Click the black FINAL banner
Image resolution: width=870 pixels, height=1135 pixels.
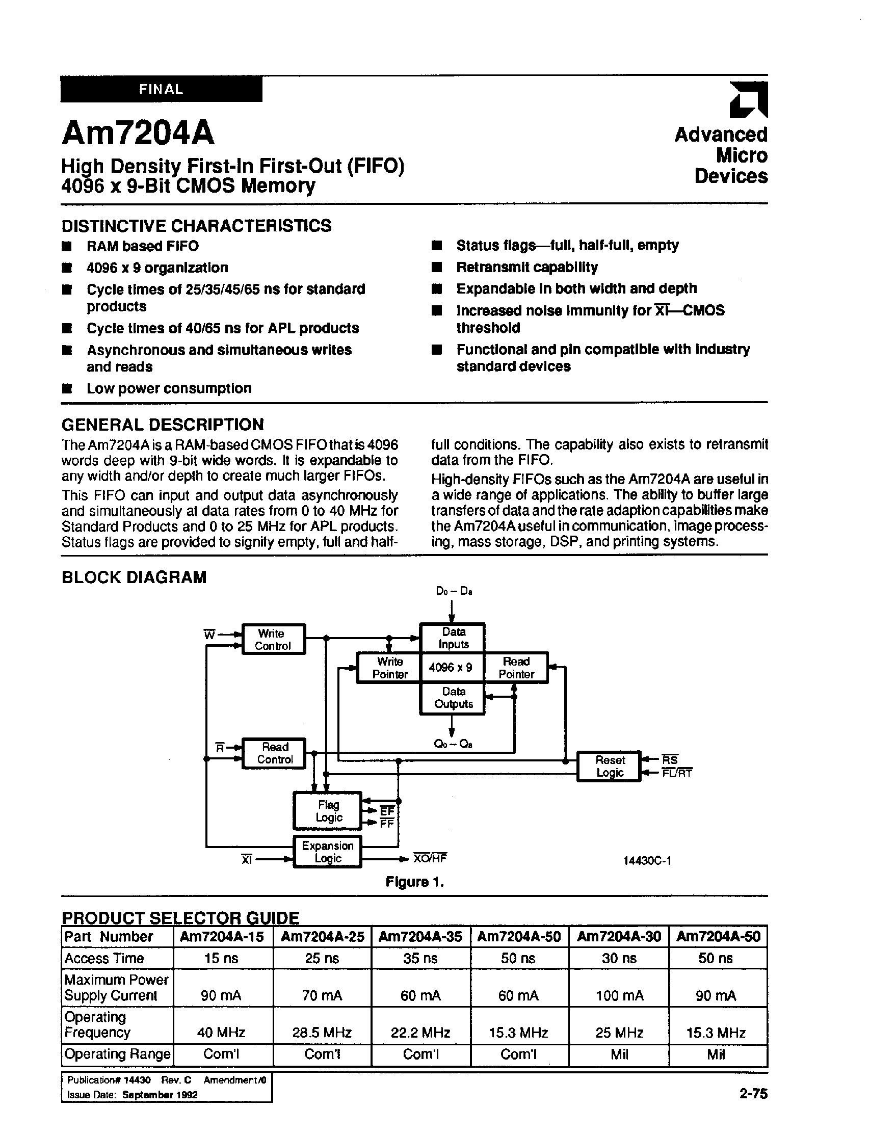[161, 89]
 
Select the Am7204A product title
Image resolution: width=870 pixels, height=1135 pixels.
[138, 133]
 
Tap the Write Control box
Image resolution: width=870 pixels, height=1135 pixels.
[273, 640]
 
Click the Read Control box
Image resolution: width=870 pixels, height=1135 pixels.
[274, 753]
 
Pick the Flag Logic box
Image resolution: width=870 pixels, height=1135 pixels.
[328, 811]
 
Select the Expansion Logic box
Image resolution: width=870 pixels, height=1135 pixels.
[327, 852]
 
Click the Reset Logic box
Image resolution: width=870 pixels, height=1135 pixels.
[609, 767]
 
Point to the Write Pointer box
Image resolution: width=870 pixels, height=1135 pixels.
[389, 668]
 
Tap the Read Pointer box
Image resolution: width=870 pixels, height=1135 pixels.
[516, 668]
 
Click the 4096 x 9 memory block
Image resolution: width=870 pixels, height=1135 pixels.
[452, 668]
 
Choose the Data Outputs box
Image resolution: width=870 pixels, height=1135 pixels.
[453, 698]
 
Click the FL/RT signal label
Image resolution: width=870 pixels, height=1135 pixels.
[676, 774]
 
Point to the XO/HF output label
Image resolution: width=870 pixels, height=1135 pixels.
[429, 858]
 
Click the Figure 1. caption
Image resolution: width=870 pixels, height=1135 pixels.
[415, 882]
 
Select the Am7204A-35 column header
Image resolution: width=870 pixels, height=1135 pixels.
[420, 937]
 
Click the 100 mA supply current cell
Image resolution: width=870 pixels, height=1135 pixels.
[619, 995]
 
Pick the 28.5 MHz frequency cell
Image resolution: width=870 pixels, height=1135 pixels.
[322, 1033]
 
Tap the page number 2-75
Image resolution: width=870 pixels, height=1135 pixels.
[753, 1093]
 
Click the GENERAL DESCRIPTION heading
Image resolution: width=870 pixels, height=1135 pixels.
[163, 425]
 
